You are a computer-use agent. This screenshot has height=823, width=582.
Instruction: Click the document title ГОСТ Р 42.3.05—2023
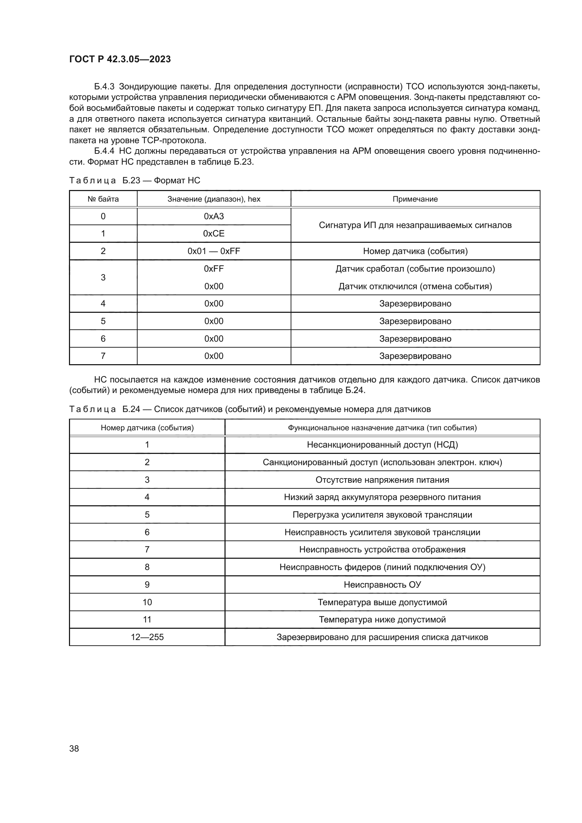click(120, 59)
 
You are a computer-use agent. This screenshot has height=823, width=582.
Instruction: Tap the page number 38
click(74, 748)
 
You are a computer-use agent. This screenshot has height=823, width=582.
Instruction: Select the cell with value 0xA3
click(214, 216)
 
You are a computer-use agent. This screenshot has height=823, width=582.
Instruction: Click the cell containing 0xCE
click(214, 234)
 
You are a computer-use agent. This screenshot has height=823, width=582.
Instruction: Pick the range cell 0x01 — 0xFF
click(214, 251)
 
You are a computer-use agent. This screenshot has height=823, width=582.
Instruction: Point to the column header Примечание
click(415, 199)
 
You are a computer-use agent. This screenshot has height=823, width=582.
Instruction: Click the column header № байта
click(103, 199)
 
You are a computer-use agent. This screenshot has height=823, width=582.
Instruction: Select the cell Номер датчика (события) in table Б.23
click(415, 251)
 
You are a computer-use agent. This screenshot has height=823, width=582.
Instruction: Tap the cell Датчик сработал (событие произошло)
click(415, 269)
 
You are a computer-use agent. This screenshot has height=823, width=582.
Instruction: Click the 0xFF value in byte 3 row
click(214, 269)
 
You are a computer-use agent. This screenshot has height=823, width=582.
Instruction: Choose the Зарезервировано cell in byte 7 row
click(415, 356)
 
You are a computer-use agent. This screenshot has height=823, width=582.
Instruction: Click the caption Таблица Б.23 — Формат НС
click(134, 180)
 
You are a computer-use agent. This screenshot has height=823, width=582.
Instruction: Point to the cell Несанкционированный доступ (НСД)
click(382, 445)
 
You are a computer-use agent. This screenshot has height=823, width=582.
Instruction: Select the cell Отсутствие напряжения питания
click(382, 480)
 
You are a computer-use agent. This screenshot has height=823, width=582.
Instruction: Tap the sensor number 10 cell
click(147, 602)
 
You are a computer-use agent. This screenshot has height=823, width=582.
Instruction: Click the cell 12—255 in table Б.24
click(147, 637)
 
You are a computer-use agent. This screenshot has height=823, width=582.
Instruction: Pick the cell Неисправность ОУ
click(382, 585)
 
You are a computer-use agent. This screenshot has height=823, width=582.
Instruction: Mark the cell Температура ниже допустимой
click(382, 619)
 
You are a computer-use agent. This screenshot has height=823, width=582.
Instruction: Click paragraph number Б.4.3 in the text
click(104, 87)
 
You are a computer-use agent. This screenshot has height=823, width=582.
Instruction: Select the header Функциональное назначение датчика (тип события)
click(382, 428)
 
